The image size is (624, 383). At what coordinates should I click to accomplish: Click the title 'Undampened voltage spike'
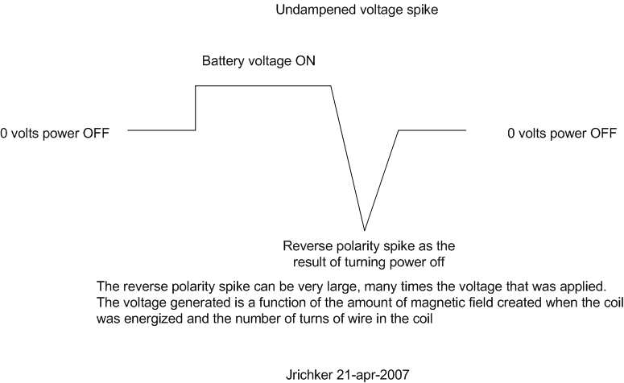coord(357,10)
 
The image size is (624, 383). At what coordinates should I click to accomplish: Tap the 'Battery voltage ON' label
coord(258,61)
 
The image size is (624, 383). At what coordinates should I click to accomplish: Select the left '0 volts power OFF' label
coord(55,134)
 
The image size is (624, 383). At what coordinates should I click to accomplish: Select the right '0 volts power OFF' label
coord(562,134)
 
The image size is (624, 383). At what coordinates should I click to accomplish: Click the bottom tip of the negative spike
coord(365,230)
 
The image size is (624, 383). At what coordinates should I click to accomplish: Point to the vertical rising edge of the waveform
coord(196,108)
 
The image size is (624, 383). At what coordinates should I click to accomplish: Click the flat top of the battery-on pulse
coord(263,85)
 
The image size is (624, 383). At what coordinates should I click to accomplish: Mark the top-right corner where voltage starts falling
coord(331,85)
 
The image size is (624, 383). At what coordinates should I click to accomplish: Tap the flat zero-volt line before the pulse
coord(162,130)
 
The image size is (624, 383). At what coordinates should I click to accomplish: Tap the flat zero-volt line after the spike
coord(432,130)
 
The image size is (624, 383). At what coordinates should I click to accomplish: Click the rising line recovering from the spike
coord(382,180)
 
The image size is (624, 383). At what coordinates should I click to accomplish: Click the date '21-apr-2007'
coord(373,375)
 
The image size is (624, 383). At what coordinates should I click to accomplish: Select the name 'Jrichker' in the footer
coord(309,375)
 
